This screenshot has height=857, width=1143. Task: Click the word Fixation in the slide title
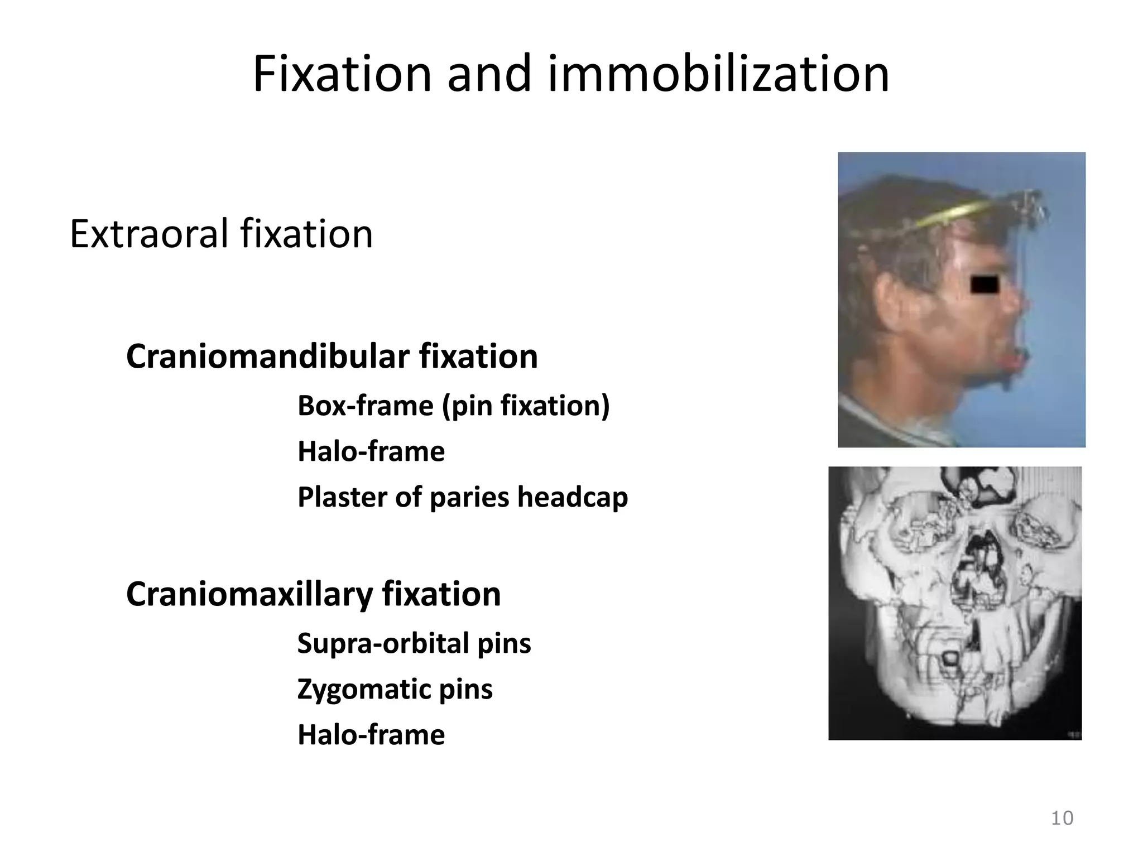[342, 74]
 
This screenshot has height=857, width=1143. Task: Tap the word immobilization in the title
[718, 74]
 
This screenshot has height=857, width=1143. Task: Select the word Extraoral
[148, 234]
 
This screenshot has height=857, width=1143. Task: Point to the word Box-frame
[365, 405]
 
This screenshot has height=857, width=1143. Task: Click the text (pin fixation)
[526, 406]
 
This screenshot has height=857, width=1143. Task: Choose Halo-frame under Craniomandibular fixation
[371, 451]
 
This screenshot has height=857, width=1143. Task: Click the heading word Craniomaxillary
[249, 594]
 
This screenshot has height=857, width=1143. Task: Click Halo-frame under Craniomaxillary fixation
[371, 734]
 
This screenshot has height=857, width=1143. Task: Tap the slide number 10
[1062, 818]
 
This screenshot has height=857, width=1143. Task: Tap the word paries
[469, 498]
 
